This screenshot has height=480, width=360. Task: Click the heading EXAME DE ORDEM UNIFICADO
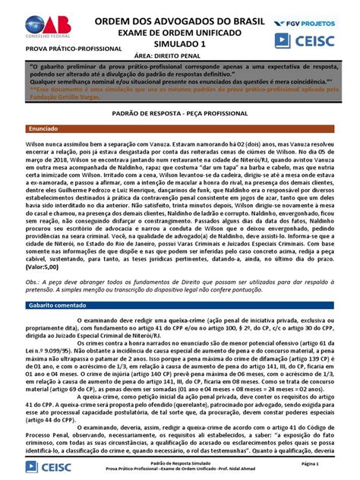click(179, 30)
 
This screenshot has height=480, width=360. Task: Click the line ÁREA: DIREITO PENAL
click(179, 54)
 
